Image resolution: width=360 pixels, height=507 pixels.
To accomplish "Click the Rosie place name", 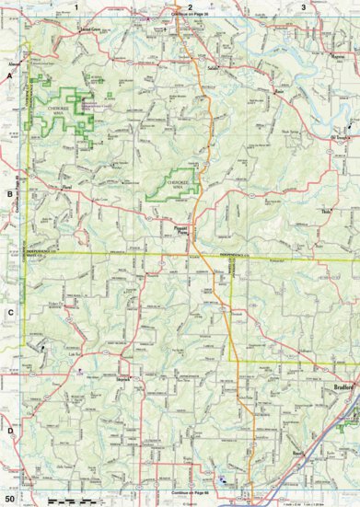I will [x=277, y=93].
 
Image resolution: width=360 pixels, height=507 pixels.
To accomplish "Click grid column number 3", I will [x=303, y=6].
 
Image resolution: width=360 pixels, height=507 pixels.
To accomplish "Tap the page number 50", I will [x=8, y=499].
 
